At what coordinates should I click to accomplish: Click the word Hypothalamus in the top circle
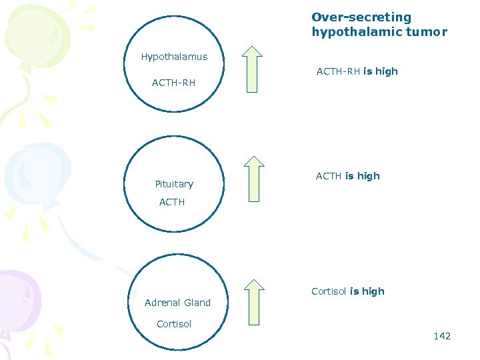(x=174, y=57)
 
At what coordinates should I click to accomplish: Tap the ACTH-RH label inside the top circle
(x=173, y=83)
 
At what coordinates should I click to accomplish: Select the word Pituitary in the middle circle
(x=174, y=184)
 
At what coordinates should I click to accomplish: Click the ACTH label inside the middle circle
(x=172, y=202)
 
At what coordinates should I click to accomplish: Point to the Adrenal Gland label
(x=177, y=303)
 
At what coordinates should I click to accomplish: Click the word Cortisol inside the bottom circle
(x=174, y=324)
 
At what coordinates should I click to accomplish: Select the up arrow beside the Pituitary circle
(x=253, y=179)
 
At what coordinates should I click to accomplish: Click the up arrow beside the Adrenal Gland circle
(x=253, y=303)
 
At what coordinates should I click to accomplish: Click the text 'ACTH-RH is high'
(x=357, y=71)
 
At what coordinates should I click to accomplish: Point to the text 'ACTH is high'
(x=347, y=176)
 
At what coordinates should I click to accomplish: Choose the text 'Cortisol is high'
(x=348, y=291)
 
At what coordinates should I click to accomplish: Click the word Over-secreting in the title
(x=361, y=17)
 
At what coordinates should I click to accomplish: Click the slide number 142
(x=442, y=336)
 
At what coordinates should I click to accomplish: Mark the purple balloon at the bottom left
(x=17, y=297)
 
